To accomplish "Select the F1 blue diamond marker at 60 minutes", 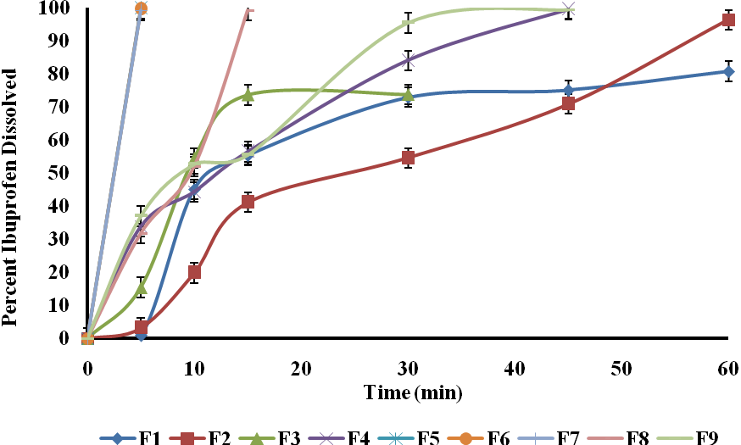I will [x=727, y=71].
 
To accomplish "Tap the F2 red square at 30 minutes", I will [x=408, y=158].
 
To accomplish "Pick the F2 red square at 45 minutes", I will [x=568, y=103].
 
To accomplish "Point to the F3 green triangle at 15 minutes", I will [x=248, y=95].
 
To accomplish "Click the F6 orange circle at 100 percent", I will [x=141, y=8].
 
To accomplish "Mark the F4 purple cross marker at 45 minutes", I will [x=568, y=10].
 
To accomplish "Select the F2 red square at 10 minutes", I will [x=194, y=272].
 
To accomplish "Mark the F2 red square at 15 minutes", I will [x=248, y=202].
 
